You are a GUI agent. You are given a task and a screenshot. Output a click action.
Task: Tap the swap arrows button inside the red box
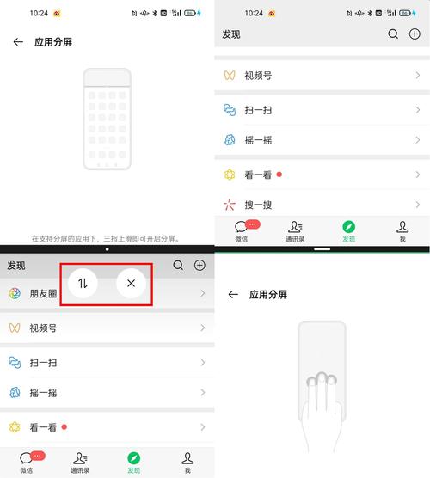pyautogui.click(x=83, y=283)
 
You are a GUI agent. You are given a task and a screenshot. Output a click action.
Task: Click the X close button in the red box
pyautogui.click(x=131, y=283)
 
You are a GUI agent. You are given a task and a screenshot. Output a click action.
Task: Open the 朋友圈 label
pyautogui.click(x=43, y=293)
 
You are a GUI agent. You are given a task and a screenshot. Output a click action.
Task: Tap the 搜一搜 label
pyautogui.click(x=258, y=205)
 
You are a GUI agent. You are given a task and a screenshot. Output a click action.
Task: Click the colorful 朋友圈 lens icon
pyautogui.click(x=15, y=293)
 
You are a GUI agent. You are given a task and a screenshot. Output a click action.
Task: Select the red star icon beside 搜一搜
pyautogui.click(x=230, y=205)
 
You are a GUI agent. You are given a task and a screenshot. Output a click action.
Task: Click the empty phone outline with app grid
pyautogui.click(x=107, y=119)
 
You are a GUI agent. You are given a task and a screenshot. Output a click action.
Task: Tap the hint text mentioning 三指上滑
pyautogui.click(x=107, y=238)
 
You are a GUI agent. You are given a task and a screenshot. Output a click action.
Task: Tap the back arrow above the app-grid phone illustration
pyautogui.click(x=18, y=41)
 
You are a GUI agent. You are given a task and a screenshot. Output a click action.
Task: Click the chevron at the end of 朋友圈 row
pyautogui.click(x=203, y=293)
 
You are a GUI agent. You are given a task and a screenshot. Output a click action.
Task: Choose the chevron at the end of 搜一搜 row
pyautogui.click(x=418, y=205)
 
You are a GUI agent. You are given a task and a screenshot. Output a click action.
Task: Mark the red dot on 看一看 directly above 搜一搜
pyautogui.click(x=279, y=175)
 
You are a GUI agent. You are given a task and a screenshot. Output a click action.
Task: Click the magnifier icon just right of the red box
pyautogui.click(x=178, y=266)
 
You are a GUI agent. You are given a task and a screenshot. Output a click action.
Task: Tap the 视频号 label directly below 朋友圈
pyautogui.click(x=43, y=328)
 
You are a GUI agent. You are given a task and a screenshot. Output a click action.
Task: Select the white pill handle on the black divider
pyautogui.click(x=322, y=248)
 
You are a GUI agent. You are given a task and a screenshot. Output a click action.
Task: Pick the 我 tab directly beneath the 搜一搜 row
pyautogui.click(x=402, y=231)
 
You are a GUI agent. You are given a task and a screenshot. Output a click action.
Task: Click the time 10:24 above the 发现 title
pyautogui.click(x=254, y=14)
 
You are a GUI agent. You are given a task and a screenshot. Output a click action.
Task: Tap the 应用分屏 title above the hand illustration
pyautogui.click(x=267, y=294)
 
